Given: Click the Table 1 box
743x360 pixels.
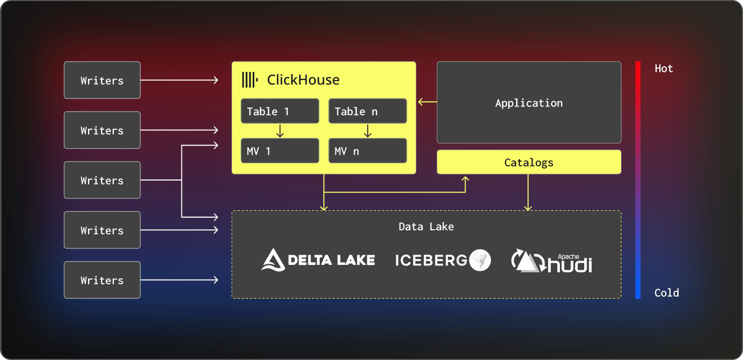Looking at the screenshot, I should (x=280, y=111).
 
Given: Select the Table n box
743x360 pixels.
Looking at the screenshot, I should (x=367, y=111).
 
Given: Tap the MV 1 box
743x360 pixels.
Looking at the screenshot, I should (x=280, y=151).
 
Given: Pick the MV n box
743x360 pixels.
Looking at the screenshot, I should (x=367, y=151).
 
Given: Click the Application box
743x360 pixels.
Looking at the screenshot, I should (x=529, y=103).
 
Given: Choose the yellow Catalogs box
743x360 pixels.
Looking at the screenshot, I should (x=529, y=162).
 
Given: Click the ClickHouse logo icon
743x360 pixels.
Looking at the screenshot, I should (x=249, y=80).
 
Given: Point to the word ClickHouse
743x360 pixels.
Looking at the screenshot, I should (x=303, y=80).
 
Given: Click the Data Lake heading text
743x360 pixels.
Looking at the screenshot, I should (x=426, y=226).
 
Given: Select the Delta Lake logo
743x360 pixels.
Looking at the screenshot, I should (x=318, y=260).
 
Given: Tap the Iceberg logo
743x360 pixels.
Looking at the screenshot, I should (x=443, y=260).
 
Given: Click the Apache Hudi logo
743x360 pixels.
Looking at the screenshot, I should (x=551, y=261).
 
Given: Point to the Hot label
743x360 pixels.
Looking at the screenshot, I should (x=664, y=69).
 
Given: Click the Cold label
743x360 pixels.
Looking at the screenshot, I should (x=666, y=293).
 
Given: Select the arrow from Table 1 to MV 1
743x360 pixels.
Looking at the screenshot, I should (x=280, y=131).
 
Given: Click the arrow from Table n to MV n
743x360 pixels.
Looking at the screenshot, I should (x=367, y=131).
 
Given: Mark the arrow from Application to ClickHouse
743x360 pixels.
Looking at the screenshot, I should (x=427, y=102).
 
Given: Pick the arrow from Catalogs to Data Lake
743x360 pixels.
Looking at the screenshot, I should (x=528, y=192).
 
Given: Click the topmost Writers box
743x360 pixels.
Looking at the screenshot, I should (x=102, y=80).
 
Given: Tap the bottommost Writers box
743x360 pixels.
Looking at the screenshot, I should (x=102, y=280).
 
